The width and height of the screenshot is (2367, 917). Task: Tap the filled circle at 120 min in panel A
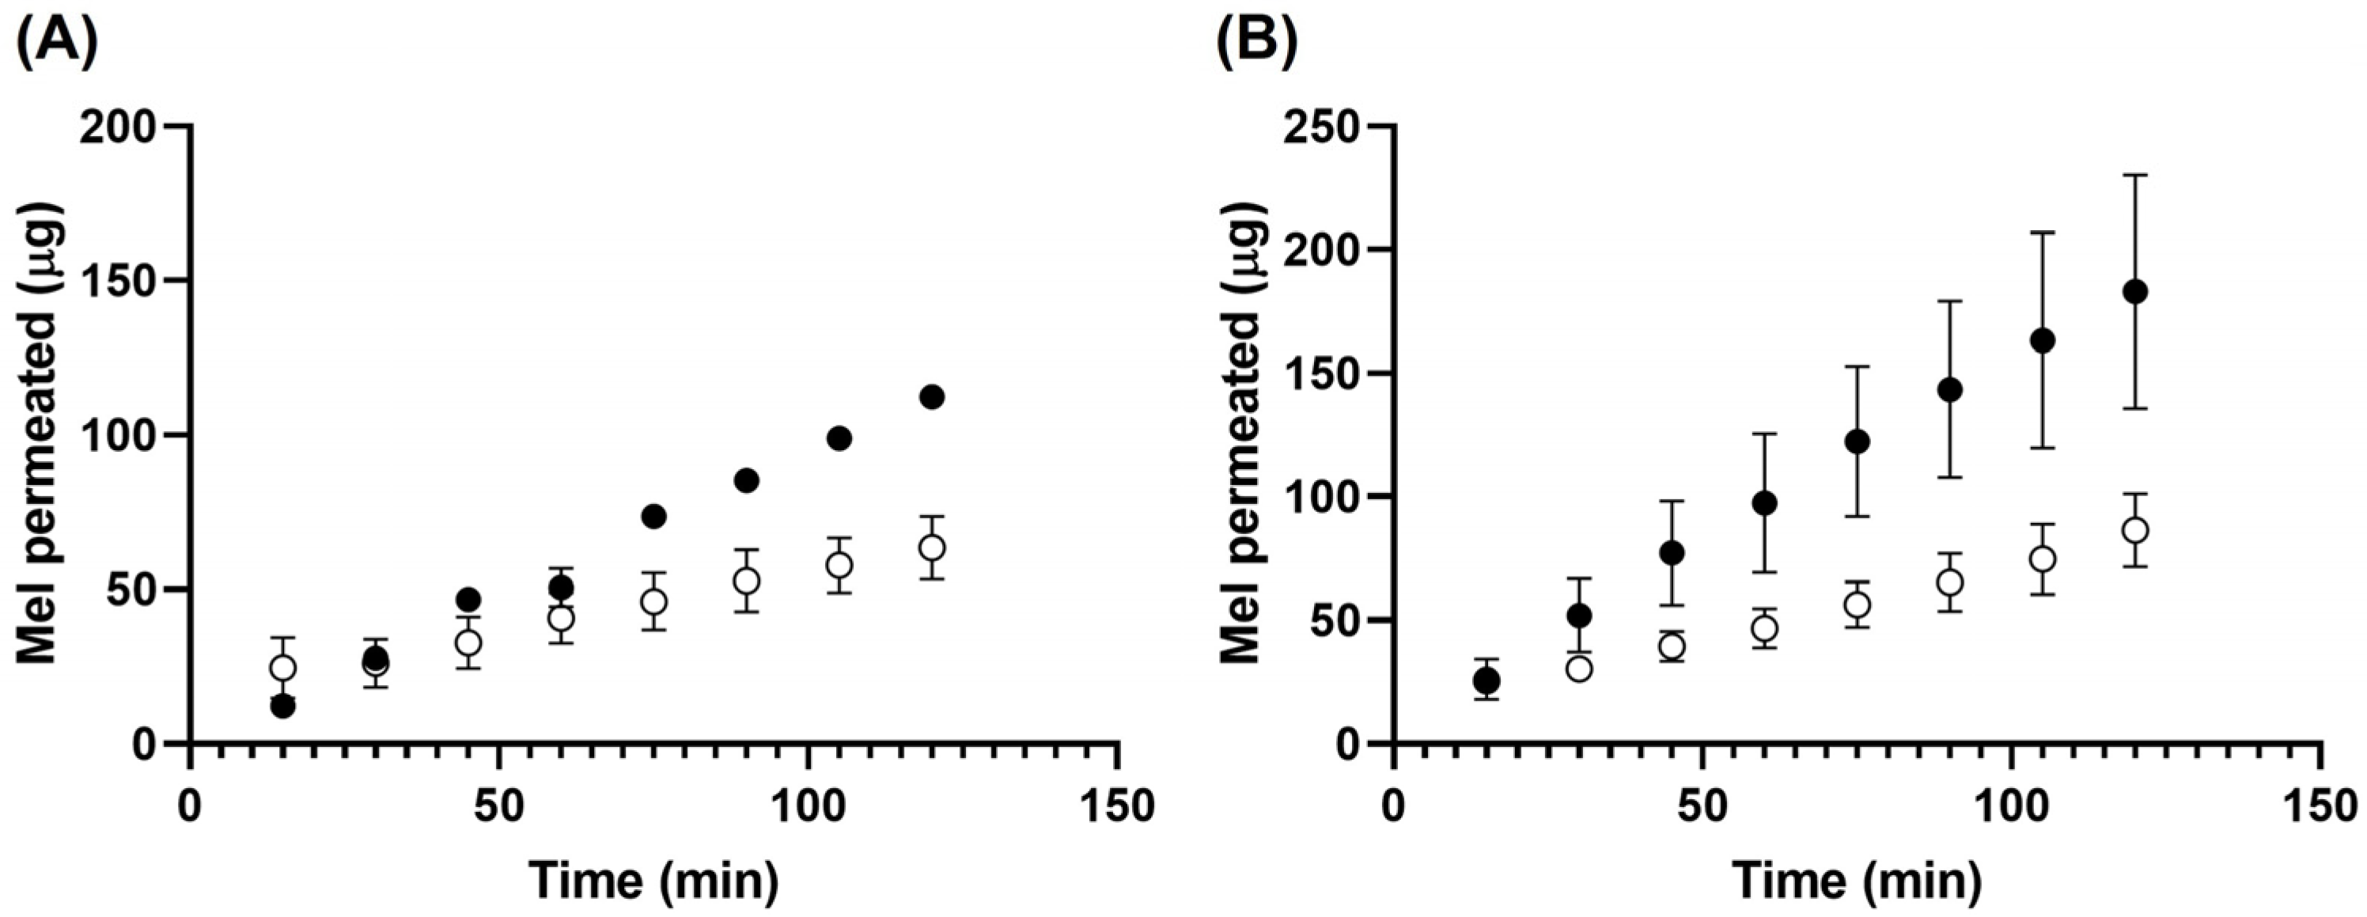932,397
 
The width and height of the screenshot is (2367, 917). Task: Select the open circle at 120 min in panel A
932,548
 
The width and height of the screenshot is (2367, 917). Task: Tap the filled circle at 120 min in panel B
2135,292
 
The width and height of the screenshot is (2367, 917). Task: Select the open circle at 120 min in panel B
2135,530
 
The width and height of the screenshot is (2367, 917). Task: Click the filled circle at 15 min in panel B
1486,681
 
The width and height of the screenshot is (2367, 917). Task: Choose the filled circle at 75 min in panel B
1858,442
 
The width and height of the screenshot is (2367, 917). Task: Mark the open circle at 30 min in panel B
1580,668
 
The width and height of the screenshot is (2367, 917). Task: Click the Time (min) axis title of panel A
653,881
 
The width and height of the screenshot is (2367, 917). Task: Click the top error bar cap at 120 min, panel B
2135,175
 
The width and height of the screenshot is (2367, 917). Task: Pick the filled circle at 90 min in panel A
746,479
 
